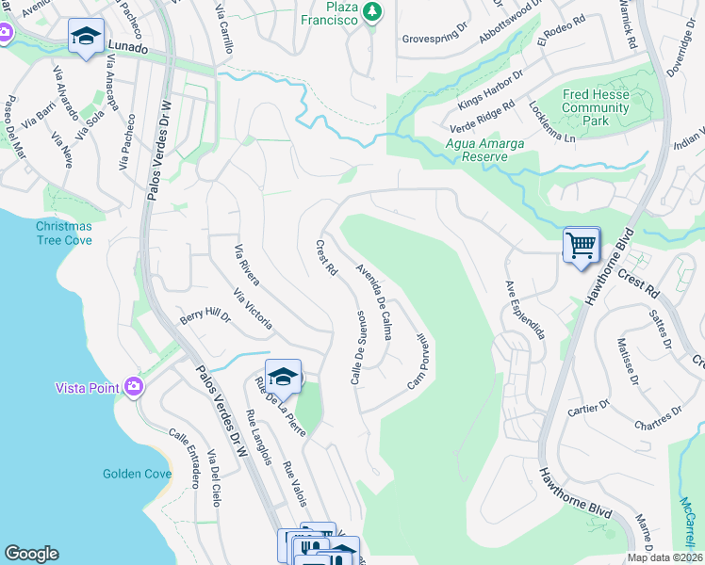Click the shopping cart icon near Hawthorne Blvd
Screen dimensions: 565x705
(582, 246)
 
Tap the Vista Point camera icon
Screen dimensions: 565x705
(134, 386)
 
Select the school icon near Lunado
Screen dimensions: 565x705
(86, 37)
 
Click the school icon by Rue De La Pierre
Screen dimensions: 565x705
(282, 377)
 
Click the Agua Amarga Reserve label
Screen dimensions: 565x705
(476, 149)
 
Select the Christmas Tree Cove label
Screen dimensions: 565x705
(64, 234)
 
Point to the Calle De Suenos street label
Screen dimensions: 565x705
(358, 347)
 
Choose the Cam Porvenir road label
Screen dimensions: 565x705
(418, 361)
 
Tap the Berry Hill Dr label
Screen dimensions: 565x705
(205, 315)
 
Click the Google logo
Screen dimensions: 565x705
(31, 554)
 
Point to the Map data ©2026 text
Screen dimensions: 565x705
(664, 557)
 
